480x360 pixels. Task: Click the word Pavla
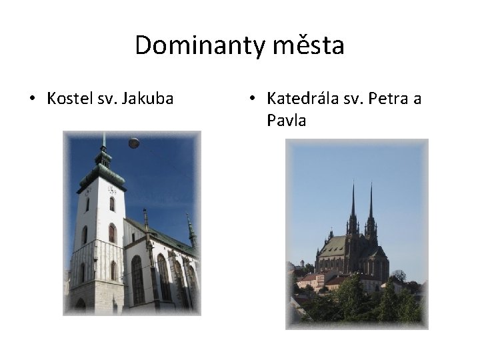tap(286, 121)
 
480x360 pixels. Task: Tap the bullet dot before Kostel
tap(31, 100)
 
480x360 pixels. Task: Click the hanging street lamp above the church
tap(134, 143)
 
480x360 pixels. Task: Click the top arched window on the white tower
tap(112, 204)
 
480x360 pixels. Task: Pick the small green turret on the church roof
tap(191, 230)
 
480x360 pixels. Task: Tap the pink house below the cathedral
tap(308, 280)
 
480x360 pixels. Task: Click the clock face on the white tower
tap(111, 189)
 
